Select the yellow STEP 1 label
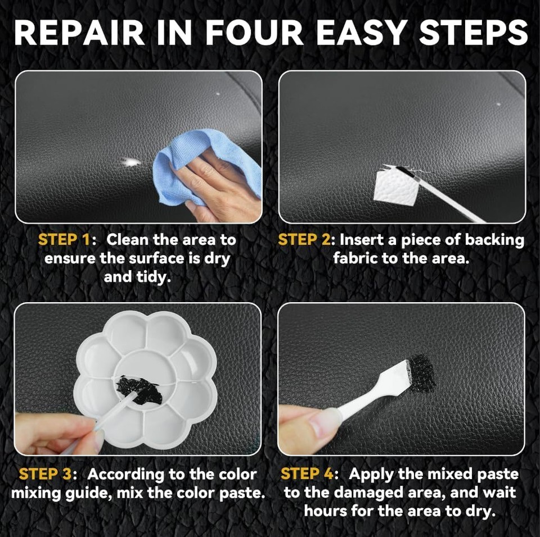pyautogui.click(x=64, y=240)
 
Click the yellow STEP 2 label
pyautogui.click(x=304, y=240)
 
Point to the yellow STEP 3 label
pyautogui.click(x=45, y=474)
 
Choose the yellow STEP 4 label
pyautogui.click(x=307, y=474)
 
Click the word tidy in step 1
pyautogui.click(x=151, y=277)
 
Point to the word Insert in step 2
pyautogui.click(x=361, y=240)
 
